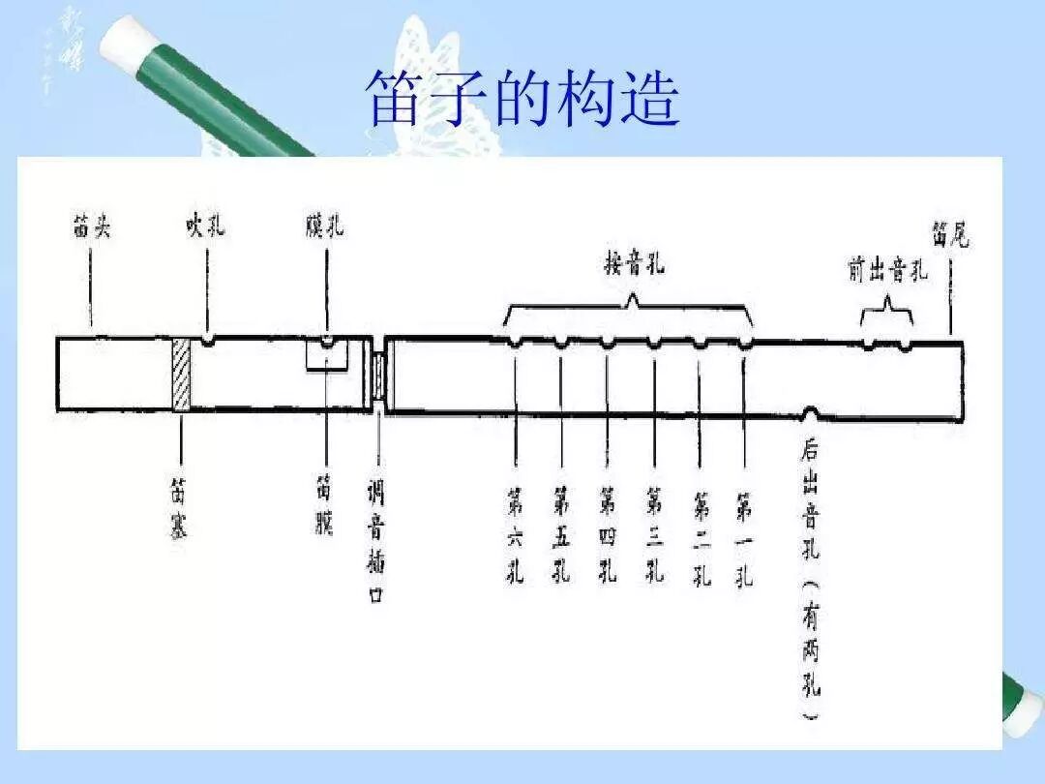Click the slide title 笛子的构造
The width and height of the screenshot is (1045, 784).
point(522,99)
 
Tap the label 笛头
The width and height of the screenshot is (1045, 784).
point(92,229)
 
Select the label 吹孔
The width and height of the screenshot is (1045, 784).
point(205,227)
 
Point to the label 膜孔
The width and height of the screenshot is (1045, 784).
point(324,227)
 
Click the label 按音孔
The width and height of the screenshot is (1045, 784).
point(634,264)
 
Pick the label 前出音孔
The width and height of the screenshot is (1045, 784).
point(887,272)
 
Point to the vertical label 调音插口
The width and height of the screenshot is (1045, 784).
point(376,543)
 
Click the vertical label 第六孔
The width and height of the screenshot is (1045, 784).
point(515,536)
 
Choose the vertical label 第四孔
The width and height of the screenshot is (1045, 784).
point(607,536)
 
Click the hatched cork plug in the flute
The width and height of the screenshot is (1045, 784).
point(181,376)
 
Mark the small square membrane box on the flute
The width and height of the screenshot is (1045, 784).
point(326,354)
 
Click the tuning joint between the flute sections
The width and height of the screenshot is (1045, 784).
point(379,376)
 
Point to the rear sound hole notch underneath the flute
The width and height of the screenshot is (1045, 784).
point(811,414)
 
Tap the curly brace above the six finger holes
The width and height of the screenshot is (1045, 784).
point(629,312)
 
